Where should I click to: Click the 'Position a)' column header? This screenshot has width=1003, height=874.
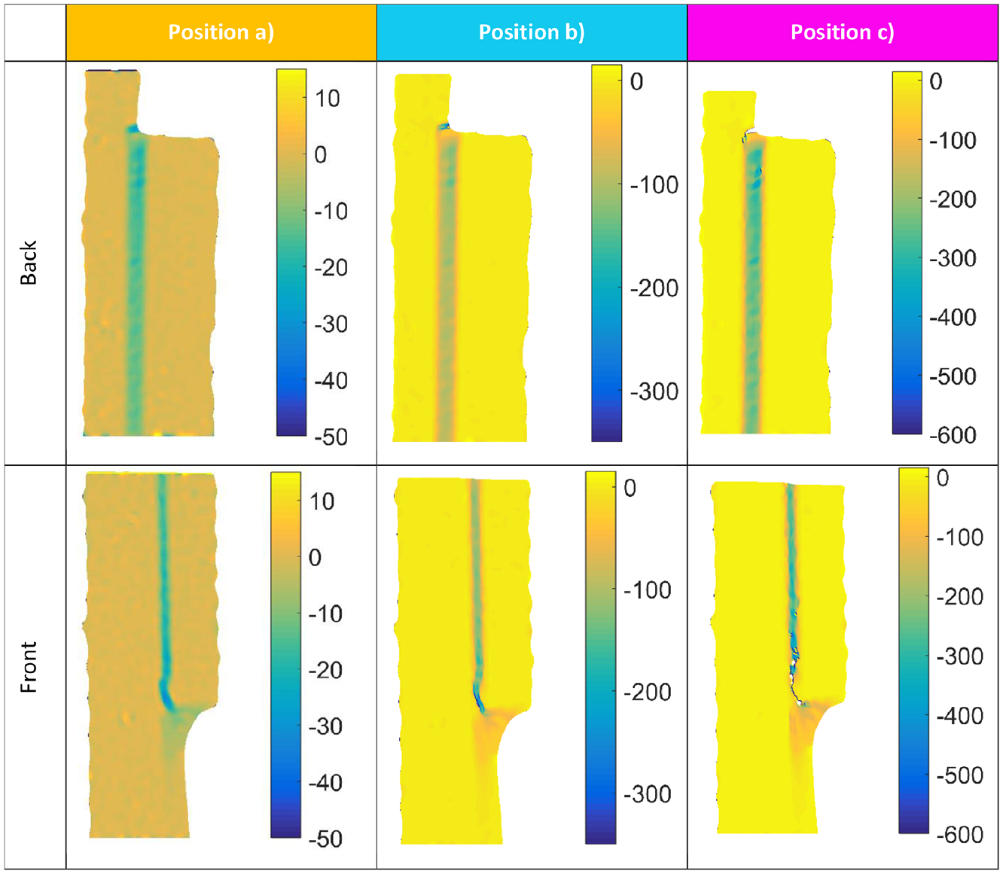pos(221,32)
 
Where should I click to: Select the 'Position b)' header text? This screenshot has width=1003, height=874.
pos(532,32)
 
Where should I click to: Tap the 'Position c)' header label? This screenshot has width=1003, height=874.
pos(842,32)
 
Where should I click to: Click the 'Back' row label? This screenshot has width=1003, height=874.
pos(29,263)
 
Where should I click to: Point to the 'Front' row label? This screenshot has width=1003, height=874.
pos(29,667)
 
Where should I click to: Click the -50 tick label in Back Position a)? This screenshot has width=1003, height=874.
pos(331,437)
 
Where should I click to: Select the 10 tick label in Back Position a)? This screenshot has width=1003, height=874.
pos(328,99)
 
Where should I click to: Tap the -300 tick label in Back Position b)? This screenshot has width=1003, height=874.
pos(654,392)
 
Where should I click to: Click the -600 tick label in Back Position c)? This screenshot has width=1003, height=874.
pos(953,435)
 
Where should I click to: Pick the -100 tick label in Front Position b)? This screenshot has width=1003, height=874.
pos(647,590)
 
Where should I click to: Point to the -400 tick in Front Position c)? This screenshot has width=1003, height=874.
pos(959,716)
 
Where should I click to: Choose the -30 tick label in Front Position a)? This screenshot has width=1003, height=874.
pos(325,726)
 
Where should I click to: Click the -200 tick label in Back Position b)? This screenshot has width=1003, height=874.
pos(654,288)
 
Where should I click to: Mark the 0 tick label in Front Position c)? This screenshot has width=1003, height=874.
pos(942,478)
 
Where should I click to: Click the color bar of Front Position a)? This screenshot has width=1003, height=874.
pos(286,655)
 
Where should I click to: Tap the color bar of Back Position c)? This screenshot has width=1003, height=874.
pos(907,253)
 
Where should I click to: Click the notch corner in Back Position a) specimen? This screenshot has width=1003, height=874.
pos(134,129)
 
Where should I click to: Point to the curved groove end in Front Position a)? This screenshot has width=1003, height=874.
pos(167,696)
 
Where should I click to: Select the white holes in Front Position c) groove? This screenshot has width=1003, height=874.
pos(795,678)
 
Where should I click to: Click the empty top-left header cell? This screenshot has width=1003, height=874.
pos(35,33)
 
